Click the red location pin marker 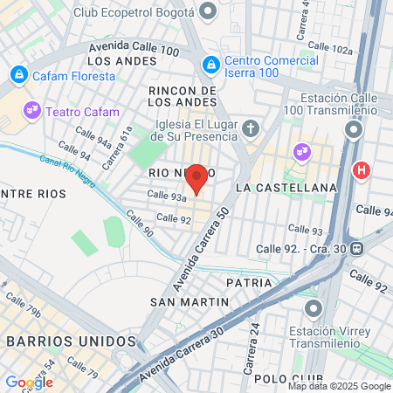(x=197, y=177)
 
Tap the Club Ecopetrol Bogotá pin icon (x=208, y=11)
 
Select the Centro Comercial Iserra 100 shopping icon (x=210, y=65)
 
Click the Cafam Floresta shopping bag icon (x=19, y=75)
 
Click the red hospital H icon (x=359, y=170)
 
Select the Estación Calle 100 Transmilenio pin (x=354, y=131)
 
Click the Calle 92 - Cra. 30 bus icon (x=356, y=249)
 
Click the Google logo (x=29, y=383)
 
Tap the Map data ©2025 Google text (x=340, y=386)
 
